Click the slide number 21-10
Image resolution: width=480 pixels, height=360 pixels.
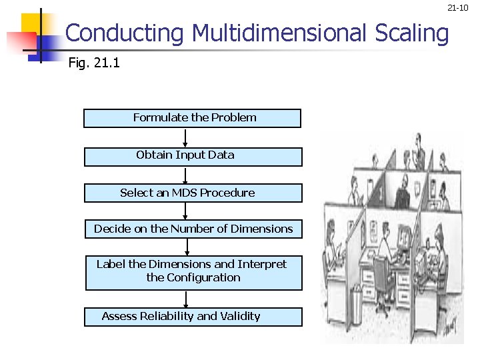(x=459, y=8)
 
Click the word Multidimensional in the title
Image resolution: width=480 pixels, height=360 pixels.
(x=279, y=33)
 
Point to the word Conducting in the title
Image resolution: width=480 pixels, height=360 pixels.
(x=124, y=33)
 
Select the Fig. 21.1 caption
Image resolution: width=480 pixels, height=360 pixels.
(x=94, y=64)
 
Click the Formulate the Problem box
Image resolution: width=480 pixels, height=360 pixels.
(x=192, y=118)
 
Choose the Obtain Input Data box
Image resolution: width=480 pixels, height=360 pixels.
(x=193, y=156)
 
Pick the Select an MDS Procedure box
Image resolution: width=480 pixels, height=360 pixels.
(x=193, y=193)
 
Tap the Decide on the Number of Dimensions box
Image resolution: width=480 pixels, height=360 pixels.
(x=193, y=229)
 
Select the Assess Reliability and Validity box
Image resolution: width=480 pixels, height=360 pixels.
(x=193, y=317)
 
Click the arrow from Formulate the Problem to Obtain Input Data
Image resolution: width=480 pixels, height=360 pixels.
(x=185, y=137)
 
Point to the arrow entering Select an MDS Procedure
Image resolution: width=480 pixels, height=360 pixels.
(x=185, y=175)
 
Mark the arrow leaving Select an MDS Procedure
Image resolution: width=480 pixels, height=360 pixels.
(x=186, y=211)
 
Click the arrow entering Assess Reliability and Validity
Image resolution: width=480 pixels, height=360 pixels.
(x=193, y=299)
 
